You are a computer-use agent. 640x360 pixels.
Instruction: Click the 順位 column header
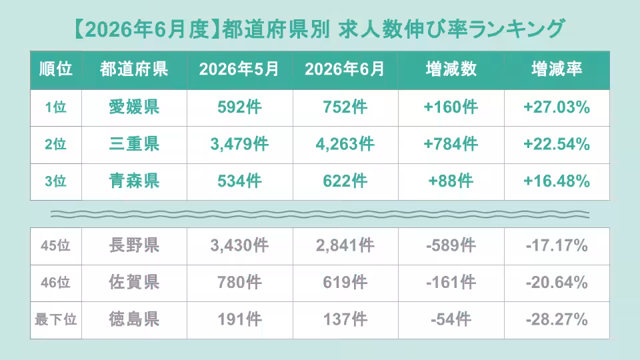point(56,69)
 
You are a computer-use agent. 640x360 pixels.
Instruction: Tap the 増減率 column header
point(557,69)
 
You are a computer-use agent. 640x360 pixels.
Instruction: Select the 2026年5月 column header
point(239,69)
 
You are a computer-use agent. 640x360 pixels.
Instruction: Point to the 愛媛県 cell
point(134,107)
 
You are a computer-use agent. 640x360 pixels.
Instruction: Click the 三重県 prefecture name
point(134,144)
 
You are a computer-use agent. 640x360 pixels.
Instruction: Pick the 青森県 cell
point(134,181)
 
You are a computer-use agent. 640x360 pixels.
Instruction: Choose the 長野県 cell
point(134,245)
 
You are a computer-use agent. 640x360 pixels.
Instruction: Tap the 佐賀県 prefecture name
point(134,282)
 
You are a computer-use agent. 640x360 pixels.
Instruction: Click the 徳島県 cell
point(134,319)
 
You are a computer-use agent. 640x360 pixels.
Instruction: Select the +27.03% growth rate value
point(557,107)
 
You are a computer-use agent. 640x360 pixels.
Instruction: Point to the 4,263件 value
point(345,144)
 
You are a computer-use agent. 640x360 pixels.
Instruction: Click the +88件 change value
point(451,181)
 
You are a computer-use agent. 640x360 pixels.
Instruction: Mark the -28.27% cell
point(557,319)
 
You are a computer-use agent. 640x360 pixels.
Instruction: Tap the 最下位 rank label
point(56,319)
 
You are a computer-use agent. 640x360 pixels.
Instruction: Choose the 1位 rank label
point(55,107)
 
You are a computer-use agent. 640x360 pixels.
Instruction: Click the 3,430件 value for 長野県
point(239,245)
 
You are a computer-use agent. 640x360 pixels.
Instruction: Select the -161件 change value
point(451,282)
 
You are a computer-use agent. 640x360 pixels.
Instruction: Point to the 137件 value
point(345,319)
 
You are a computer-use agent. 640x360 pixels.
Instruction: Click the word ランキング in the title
point(517,29)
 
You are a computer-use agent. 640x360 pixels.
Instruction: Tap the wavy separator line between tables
point(320,214)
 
